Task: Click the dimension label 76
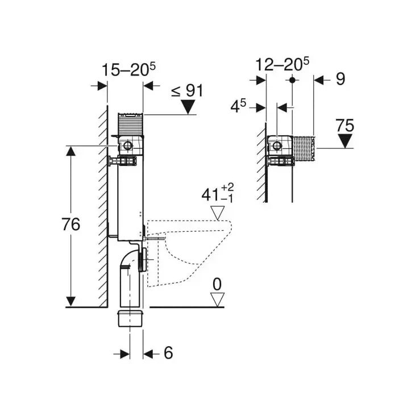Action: (71, 224)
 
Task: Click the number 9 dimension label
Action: (340, 79)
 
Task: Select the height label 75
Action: (344, 126)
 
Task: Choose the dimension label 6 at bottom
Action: (168, 353)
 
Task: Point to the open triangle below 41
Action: (218, 213)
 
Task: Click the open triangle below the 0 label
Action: (217, 299)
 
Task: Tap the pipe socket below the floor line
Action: (130, 318)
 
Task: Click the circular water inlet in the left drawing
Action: (127, 146)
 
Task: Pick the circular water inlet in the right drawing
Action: (277, 146)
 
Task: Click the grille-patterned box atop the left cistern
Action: (130, 123)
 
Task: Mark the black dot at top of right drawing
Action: (293, 80)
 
